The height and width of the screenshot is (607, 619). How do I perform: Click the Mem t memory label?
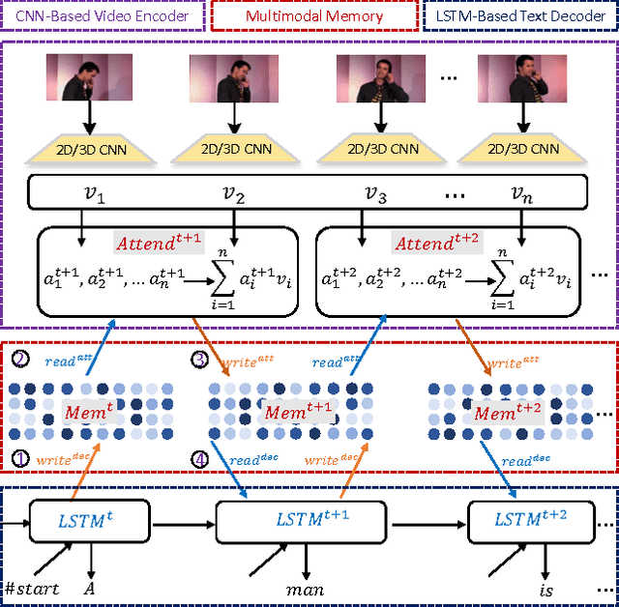click(90, 410)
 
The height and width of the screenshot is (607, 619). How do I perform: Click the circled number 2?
click(20, 360)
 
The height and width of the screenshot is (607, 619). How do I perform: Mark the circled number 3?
click(201, 360)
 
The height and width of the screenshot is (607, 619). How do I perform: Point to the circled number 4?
click(201, 460)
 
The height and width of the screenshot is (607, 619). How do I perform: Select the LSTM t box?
click(89, 521)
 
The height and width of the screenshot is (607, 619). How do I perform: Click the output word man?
click(306, 588)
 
